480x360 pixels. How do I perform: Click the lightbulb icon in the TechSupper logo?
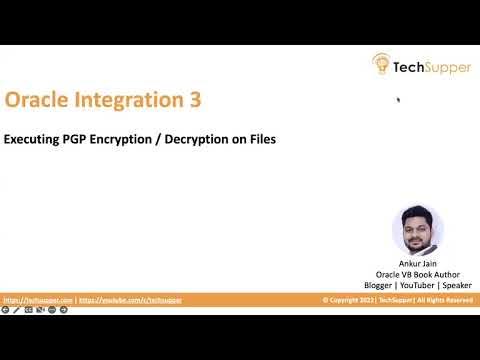[x=382, y=64]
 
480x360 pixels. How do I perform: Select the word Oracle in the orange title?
[x=36, y=100]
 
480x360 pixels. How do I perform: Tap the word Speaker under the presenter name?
[x=456, y=286]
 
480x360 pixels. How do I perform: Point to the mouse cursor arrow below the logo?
[x=398, y=99]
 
